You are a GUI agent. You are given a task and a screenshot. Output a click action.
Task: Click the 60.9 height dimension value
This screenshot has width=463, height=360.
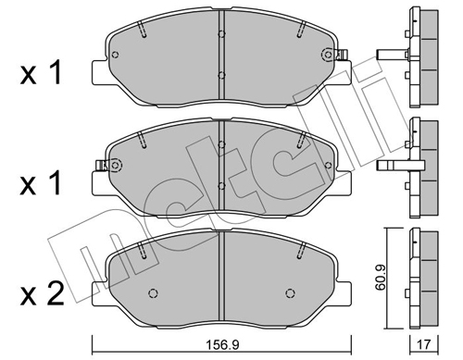point(381,279)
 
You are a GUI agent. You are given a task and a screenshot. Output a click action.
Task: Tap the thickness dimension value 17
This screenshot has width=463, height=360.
point(424,344)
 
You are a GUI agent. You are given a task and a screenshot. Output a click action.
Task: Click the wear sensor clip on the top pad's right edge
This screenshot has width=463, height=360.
point(343,55)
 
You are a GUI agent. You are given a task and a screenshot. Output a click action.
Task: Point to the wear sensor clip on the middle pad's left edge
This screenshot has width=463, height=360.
point(101,166)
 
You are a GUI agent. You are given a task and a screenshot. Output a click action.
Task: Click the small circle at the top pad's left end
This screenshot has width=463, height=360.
point(115,55)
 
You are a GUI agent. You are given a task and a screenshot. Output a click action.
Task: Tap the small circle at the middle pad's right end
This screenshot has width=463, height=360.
point(328,165)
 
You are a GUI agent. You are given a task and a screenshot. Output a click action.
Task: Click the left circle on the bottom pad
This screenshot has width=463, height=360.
point(153,292)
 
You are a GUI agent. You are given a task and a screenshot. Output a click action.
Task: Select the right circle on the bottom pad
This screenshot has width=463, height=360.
point(290,292)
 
